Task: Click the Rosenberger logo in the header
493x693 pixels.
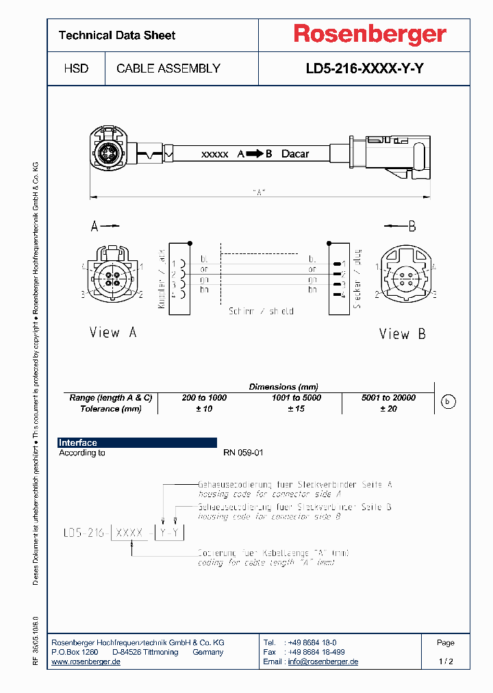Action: (x=370, y=34)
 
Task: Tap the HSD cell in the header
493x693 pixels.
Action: (x=75, y=68)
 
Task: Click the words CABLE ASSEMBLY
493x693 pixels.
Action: (x=168, y=68)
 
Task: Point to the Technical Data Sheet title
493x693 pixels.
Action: (x=117, y=36)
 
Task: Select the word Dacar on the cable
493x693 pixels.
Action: (x=295, y=154)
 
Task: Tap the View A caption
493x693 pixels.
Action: (x=113, y=333)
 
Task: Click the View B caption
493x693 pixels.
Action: (x=403, y=334)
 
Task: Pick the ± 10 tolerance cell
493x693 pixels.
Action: (x=203, y=409)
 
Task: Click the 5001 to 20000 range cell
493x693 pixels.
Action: (x=388, y=398)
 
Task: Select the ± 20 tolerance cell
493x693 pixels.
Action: (x=388, y=409)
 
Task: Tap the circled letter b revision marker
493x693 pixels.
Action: (x=447, y=403)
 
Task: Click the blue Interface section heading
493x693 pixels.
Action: (x=78, y=443)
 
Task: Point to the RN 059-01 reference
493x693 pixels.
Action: (x=243, y=453)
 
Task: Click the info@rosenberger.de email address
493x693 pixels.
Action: (x=323, y=662)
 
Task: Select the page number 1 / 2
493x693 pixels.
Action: (x=446, y=662)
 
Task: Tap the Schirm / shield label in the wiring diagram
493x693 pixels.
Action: (x=261, y=312)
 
